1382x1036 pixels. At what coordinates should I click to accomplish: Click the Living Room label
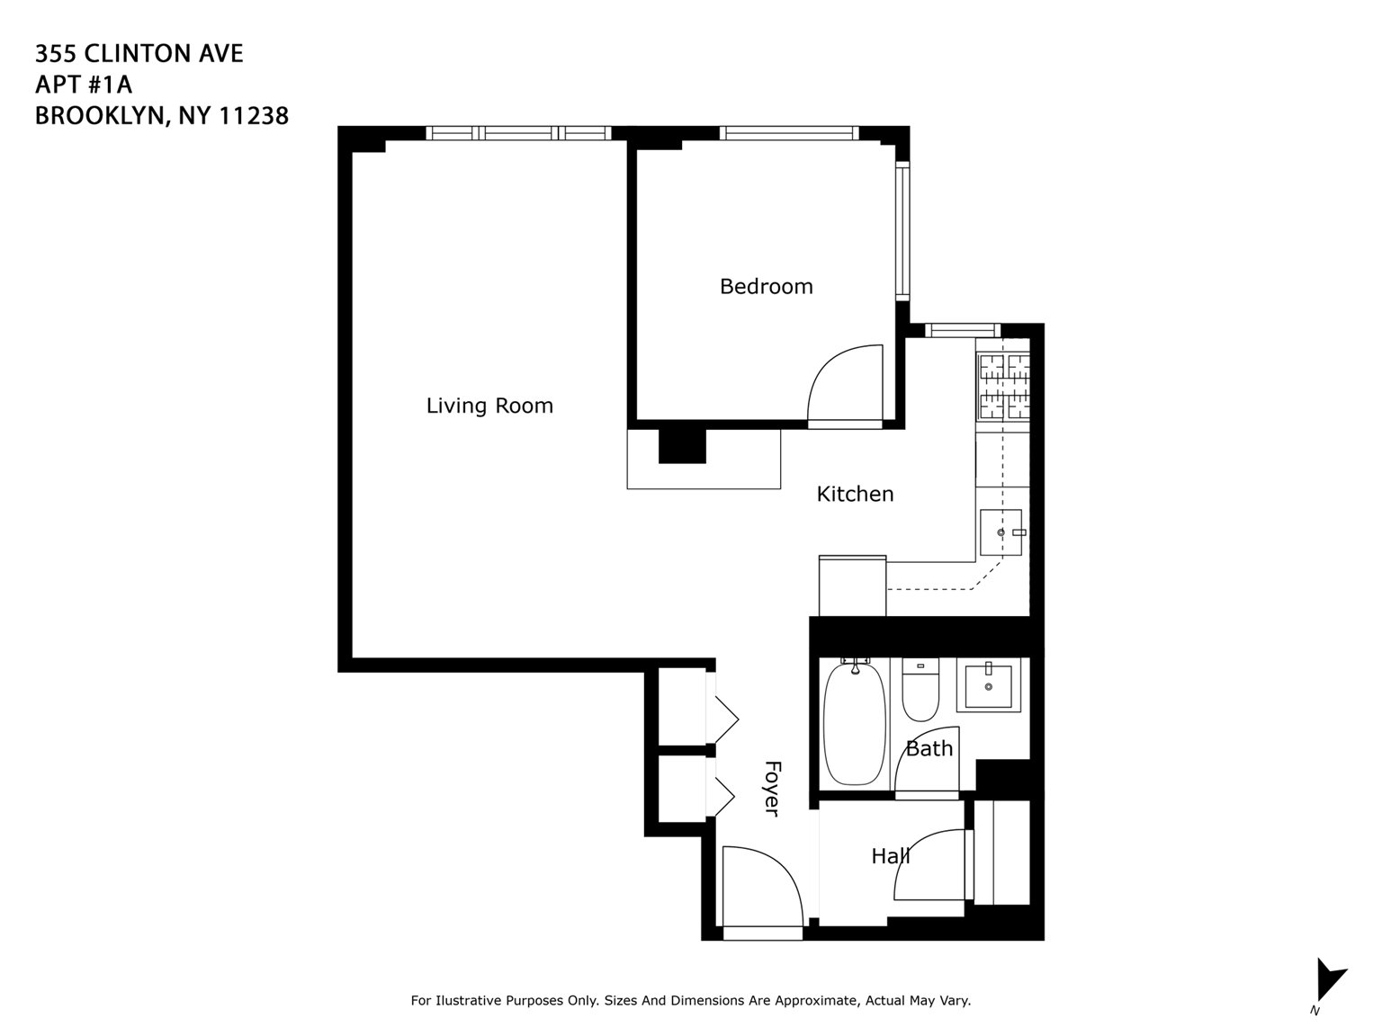(x=489, y=406)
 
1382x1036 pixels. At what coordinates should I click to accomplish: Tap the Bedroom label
(x=766, y=286)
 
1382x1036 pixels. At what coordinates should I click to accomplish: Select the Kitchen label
(x=855, y=494)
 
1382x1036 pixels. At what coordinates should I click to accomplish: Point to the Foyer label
(x=771, y=789)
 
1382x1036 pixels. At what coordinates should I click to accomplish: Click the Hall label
(x=890, y=856)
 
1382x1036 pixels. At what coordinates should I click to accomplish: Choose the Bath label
(x=929, y=748)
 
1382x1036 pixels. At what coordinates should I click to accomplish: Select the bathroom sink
(x=988, y=686)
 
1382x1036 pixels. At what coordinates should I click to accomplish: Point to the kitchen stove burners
(x=1003, y=386)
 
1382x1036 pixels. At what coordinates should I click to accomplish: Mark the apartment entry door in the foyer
(x=761, y=890)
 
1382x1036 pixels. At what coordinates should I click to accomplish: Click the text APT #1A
(x=84, y=85)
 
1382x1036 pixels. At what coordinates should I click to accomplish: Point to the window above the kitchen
(x=962, y=330)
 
